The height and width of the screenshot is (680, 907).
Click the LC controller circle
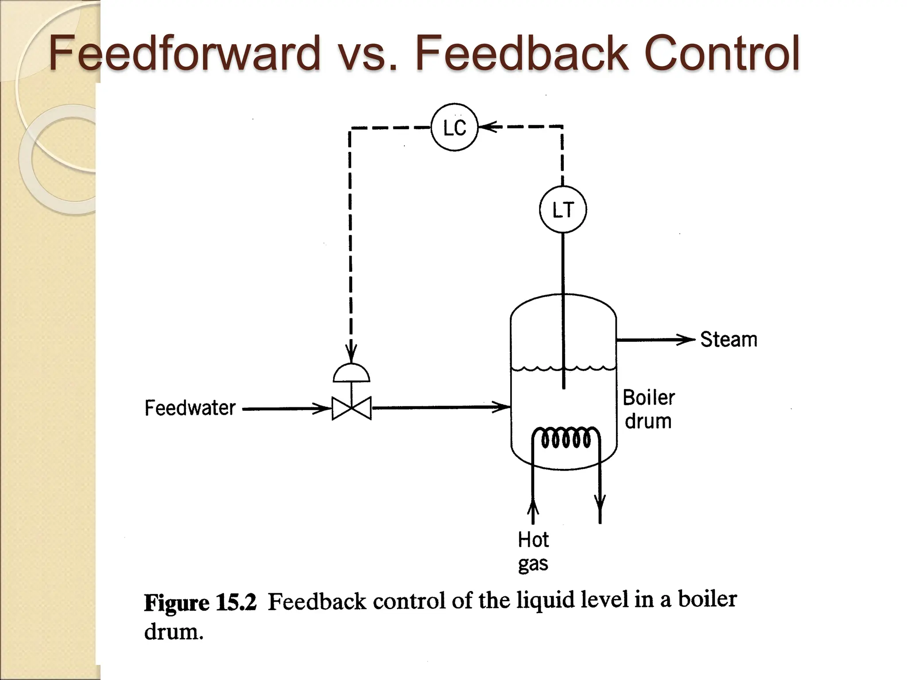(454, 127)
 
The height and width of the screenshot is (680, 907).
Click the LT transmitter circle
(563, 209)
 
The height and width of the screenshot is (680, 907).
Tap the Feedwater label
(190, 408)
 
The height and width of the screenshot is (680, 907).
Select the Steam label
(729, 340)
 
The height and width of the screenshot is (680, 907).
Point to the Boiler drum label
(648, 409)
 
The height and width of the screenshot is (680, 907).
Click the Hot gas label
(533, 552)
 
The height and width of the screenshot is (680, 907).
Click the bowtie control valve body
(352, 408)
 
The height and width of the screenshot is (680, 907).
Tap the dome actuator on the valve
(351, 374)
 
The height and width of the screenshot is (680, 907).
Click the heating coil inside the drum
(566, 438)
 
